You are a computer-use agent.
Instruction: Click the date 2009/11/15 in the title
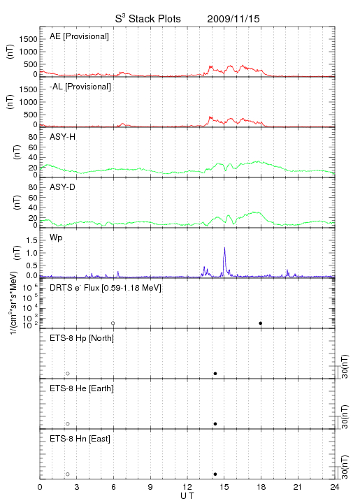tap(233, 19)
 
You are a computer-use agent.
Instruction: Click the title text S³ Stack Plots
tap(148, 18)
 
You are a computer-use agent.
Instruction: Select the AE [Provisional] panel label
tap(79, 36)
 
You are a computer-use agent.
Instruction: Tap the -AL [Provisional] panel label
tap(80, 87)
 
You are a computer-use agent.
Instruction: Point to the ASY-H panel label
tap(63, 137)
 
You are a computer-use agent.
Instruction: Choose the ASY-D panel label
tap(63, 187)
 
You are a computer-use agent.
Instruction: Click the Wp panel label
tap(56, 238)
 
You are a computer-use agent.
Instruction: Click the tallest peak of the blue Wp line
tap(224, 247)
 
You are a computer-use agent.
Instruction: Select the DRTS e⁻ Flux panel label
tap(106, 288)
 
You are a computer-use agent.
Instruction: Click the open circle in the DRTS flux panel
tap(113, 323)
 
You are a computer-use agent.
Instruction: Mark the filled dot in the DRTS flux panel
tap(261, 323)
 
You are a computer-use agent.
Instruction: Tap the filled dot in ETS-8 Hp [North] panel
tap(215, 373)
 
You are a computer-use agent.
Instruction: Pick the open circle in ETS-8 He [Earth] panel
tap(68, 424)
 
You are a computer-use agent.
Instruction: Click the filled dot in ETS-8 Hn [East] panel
tap(215, 474)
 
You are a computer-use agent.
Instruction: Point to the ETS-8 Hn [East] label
tap(80, 439)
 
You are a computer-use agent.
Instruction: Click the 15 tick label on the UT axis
tap(224, 487)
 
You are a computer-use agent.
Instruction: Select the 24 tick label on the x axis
tap(334, 487)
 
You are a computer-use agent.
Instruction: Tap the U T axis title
tap(187, 496)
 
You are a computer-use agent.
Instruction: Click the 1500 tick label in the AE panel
tap(28, 39)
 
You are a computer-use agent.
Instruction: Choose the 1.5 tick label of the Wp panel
tap(31, 240)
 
